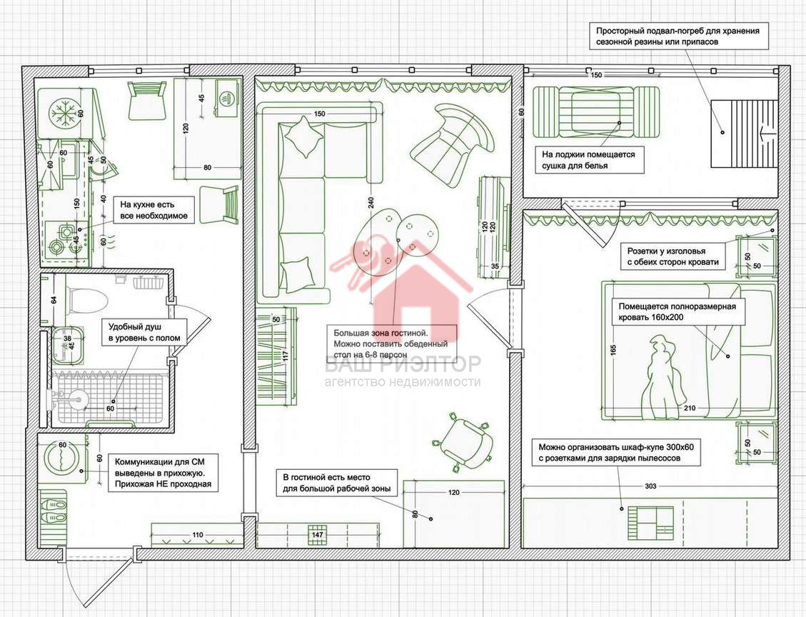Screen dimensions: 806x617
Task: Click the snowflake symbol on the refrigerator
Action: pos(65,113)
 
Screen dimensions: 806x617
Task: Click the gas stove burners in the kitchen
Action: pos(64,241)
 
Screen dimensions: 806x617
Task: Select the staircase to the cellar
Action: pos(743,133)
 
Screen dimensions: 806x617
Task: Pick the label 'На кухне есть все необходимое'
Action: pos(153,210)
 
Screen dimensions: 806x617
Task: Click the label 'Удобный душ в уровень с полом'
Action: pos(144,332)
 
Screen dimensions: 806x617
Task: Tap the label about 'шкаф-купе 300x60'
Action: pos(616,453)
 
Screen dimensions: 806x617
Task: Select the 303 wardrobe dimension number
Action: pos(650,486)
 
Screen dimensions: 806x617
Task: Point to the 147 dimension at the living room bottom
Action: pos(318,535)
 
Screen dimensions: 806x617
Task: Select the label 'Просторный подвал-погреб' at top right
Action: pos(677,36)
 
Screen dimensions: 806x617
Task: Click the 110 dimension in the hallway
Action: pos(197,535)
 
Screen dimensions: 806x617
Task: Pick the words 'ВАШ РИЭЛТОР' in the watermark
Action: pos(403,364)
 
